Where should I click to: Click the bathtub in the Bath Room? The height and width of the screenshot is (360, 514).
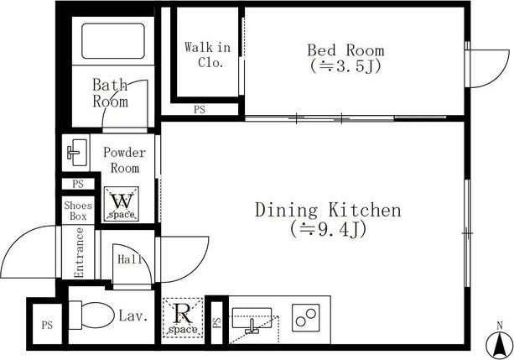click(113, 41)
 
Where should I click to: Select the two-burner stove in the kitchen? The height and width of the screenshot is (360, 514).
click(306, 317)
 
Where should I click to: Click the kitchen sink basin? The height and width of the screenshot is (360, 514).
click(252, 318)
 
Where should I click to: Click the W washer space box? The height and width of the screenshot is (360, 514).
click(122, 204)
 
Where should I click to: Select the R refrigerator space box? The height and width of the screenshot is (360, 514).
click(183, 317)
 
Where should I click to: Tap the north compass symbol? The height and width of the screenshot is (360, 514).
click(500, 345)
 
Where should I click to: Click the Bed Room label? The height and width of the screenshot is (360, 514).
click(345, 50)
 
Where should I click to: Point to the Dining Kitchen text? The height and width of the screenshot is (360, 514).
click(328, 211)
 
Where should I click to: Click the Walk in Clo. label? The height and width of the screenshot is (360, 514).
click(208, 55)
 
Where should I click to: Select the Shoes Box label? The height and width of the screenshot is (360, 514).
click(78, 211)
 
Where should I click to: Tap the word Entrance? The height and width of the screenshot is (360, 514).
click(79, 253)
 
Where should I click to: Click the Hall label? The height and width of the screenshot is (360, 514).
click(130, 259)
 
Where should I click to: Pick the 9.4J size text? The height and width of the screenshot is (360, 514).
click(328, 230)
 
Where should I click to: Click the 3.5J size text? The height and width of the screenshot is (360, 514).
click(345, 66)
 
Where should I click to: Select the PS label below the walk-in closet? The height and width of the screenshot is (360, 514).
click(200, 110)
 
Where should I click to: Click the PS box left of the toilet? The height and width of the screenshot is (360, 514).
click(47, 324)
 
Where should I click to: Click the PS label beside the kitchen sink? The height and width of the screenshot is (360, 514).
click(216, 322)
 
